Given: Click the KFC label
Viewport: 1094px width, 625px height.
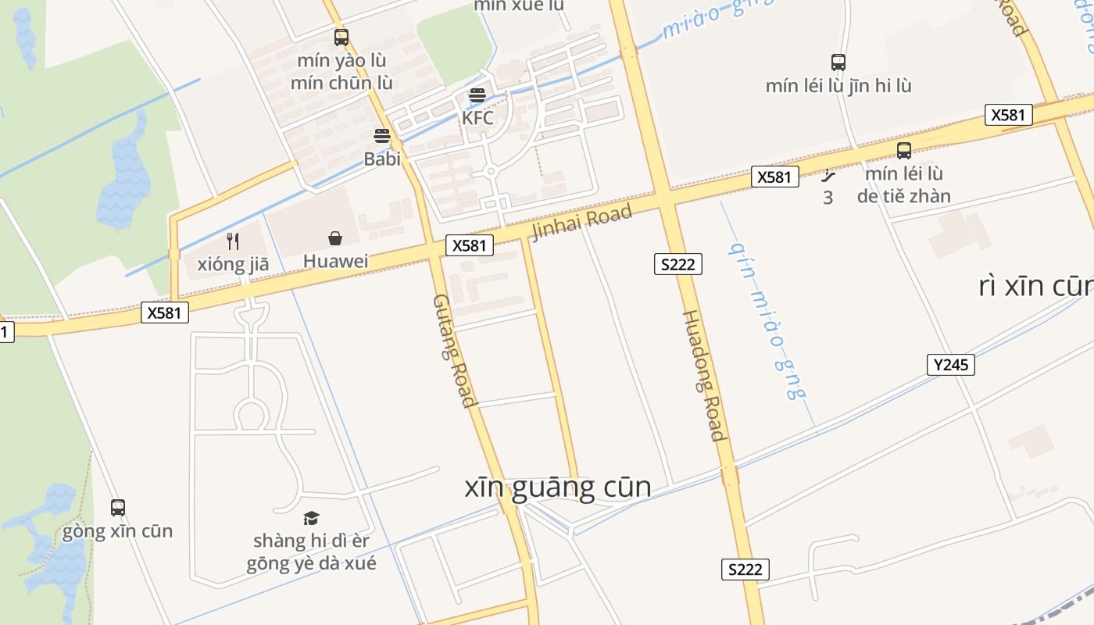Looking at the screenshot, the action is (477, 118).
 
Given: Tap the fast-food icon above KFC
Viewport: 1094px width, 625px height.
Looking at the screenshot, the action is (477, 96).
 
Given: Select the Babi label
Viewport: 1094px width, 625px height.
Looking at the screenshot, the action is (382, 159).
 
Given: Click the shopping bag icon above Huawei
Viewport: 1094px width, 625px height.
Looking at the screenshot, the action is (335, 238).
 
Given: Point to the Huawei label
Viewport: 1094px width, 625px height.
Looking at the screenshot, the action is (335, 261).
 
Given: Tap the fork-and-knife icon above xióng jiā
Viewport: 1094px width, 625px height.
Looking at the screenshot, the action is (232, 241).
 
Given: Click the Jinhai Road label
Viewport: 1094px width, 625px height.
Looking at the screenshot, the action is (581, 223).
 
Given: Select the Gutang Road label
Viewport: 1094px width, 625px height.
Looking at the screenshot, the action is (455, 351).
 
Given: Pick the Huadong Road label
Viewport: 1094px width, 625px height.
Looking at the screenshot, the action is (703, 375).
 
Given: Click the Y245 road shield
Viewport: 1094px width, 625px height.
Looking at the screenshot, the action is (951, 364).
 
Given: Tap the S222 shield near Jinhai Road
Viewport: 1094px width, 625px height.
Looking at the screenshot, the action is (677, 264).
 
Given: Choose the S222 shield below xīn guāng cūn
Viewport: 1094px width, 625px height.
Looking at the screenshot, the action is (745, 570).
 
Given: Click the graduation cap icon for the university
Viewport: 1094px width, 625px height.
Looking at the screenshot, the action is (311, 518).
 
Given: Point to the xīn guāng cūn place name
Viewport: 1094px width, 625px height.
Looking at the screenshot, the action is (558, 487).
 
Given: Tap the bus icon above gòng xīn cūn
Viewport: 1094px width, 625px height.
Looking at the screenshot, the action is (118, 508).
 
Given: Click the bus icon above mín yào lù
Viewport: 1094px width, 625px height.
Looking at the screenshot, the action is (341, 37).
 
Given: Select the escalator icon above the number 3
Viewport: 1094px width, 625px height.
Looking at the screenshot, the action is (828, 177).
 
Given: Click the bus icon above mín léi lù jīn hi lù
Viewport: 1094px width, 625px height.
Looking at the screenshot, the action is (838, 62).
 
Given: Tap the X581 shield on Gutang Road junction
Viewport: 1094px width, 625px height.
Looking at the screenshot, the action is (469, 245).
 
